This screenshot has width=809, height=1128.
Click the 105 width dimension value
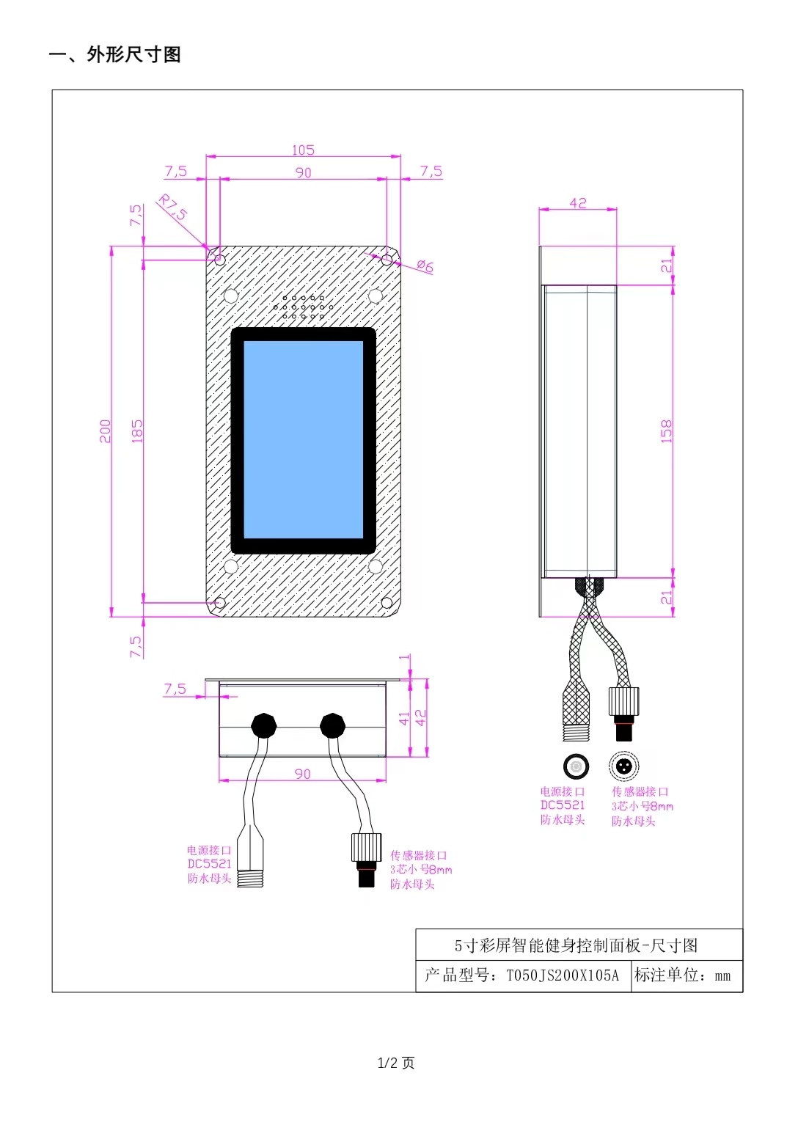tap(303, 150)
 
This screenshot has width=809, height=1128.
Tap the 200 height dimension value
tap(106, 431)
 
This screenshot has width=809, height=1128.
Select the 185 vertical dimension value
tap(137, 431)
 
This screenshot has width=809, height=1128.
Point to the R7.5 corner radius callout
tap(173, 208)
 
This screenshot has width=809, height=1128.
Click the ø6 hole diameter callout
tap(425, 266)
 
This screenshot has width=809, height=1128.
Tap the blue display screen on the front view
tap(303, 440)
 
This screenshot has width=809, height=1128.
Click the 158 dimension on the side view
tap(666, 431)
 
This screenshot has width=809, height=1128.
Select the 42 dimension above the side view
tap(578, 202)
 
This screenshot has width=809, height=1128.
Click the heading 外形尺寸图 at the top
tap(133, 55)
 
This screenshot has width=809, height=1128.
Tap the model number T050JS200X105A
tap(563, 975)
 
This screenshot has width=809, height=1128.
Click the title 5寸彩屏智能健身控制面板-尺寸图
tap(576, 945)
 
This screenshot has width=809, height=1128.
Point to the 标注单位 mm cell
tap(683, 975)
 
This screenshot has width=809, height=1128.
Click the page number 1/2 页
tap(396, 1063)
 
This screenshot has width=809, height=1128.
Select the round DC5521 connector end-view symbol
tap(576, 766)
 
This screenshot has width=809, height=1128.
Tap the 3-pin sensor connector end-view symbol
tap(623, 766)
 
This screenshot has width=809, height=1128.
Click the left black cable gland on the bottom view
tap(264, 725)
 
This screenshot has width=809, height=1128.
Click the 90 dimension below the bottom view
tap(302, 774)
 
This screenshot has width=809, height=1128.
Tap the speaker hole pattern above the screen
tap(303, 307)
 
